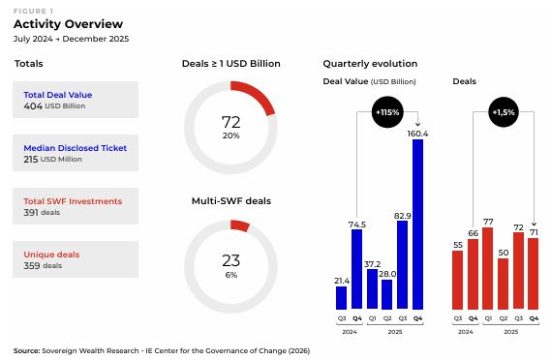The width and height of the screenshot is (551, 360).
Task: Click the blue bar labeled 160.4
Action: coord(417,225)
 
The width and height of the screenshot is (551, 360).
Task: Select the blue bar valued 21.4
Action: coord(341,298)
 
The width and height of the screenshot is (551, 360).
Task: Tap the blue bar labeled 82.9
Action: coord(403,265)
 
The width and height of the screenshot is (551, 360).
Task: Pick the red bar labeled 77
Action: coord(488,268)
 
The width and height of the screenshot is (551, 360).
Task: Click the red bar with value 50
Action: coord(504,284)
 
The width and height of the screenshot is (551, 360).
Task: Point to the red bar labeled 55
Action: coord(457,280)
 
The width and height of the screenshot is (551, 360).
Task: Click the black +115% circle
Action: coord(387,112)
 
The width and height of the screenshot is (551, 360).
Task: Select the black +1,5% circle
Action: coord(504,112)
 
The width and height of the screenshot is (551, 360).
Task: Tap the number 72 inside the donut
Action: coord(230,122)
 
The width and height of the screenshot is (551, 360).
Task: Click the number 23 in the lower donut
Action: coord(230,260)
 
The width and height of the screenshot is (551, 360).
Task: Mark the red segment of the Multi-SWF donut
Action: coord(240,225)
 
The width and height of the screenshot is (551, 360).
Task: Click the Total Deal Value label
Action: coord(58,95)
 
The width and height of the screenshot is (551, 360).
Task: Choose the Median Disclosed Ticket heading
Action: coord(75,148)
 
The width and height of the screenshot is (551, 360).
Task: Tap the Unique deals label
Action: coord(51,255)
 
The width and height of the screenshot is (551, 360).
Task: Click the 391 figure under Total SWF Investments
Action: coord(31,213)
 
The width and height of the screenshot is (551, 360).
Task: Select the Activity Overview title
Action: coord(68,24)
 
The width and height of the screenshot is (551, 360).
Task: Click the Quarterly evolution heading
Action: coord(370,64)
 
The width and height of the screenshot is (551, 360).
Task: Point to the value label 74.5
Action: coord(357,225)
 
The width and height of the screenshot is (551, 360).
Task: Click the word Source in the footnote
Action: coord(26,350)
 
